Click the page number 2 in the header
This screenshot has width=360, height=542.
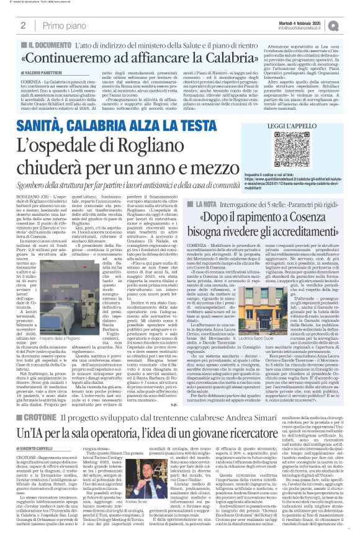point(23,25)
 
